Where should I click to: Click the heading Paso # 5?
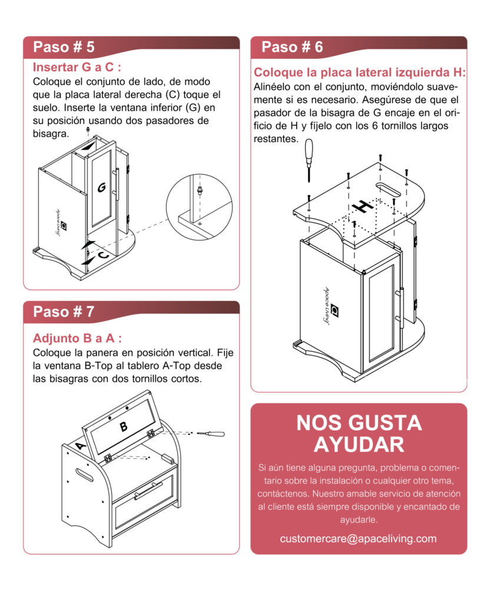(x=64, y=47)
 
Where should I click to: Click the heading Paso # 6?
(x=292, y=47)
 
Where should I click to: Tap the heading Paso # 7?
(x=64, y=312)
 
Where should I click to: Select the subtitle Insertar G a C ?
(x=77, y=67)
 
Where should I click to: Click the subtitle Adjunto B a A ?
(x=78, y=339)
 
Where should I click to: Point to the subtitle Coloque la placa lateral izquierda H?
(x=359, y=72)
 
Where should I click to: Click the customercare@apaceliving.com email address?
(x=358, y=538)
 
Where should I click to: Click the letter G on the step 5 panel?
(x=101, y=187)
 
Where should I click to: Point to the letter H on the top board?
(x=362, y=206)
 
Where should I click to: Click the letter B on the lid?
(x=124, y=427)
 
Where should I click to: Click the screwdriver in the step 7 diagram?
(x=212, y=434)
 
